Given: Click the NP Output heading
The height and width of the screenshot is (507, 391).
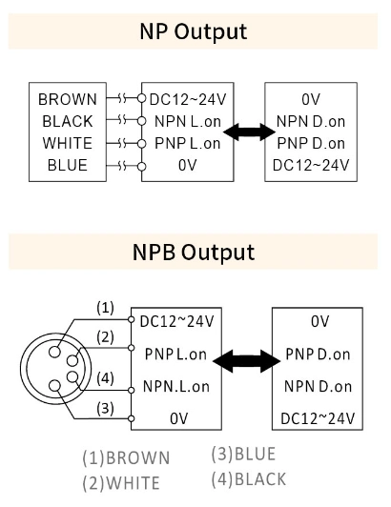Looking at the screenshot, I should [x=195, y=30].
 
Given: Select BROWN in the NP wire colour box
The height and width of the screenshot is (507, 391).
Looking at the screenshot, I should [x=67, y=99].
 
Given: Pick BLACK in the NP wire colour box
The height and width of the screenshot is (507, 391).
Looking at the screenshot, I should [x=67, y=121].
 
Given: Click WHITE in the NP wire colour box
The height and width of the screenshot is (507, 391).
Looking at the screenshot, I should [x=67, y=143].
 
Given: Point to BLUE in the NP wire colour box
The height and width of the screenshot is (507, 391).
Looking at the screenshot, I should [x=67, y=165].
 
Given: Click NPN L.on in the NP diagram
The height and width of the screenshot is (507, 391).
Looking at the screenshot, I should [x=187, y=121].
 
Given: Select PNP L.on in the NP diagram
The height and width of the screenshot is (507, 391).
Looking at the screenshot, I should [x=187, y=143].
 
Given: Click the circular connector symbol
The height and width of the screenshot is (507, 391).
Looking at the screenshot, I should [x=51, y=368].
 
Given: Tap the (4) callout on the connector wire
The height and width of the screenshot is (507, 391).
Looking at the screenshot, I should [x=105, y=377].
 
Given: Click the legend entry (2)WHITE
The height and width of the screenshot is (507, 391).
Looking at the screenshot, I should [x=120, y=482].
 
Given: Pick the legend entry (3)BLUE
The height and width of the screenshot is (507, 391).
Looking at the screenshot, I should [x=244, y=455].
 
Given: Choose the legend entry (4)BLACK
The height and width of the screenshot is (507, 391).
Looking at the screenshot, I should [x=248, y=478].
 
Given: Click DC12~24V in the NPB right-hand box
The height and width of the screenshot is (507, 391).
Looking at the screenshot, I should [x=319, y=417].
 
